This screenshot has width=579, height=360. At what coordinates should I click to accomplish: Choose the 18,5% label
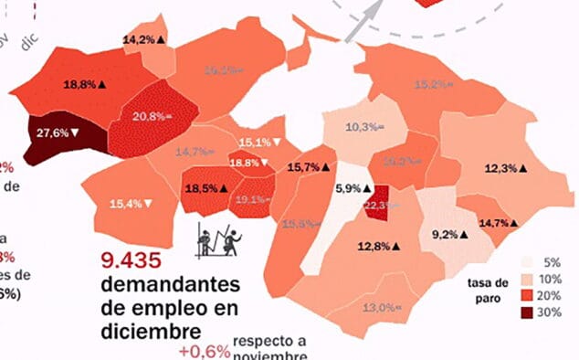(x=205, y=187)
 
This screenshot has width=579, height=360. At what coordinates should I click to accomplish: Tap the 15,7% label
(x=307, y=167)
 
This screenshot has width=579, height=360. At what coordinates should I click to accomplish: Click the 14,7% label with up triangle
(x=499, y=223)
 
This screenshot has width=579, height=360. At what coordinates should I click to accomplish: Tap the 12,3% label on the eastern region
(x=508, y=168)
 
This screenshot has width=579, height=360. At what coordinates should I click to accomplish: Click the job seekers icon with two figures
(x=220, y=239)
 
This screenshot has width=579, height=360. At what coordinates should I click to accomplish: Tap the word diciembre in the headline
(x=151, y=326)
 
